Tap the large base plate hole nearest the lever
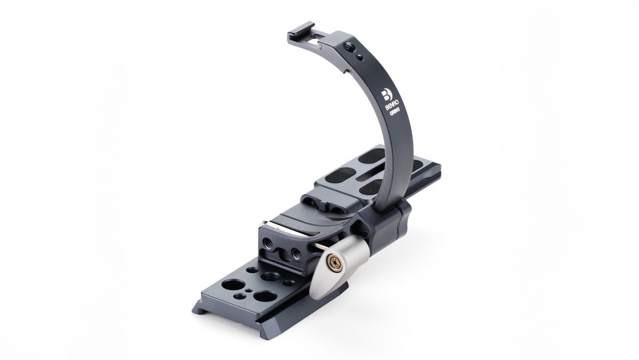[265, 296]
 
